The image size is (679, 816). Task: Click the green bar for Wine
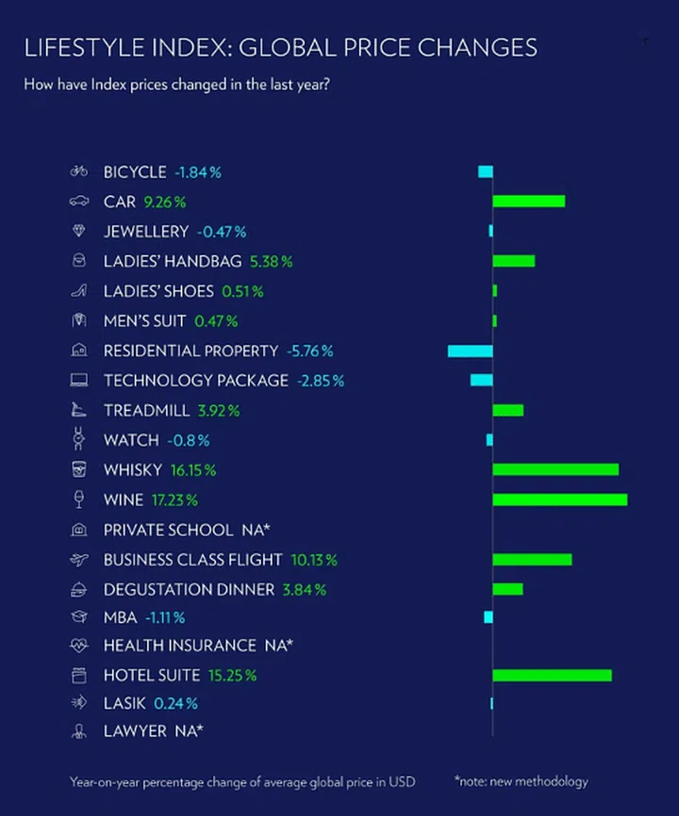[559, 499]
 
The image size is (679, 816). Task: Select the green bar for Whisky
[555, 469]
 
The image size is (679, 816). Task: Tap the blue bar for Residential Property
[470, 351]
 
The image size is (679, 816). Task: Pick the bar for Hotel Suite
[552, 675]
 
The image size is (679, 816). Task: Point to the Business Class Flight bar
[532, 560]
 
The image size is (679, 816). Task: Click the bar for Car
[528, 201]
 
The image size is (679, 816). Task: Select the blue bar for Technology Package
[481, 380]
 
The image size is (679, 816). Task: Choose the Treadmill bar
[507, 410]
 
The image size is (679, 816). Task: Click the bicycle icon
[79, 171]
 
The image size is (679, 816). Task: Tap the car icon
[79, 202]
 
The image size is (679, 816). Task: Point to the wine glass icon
[79, 499]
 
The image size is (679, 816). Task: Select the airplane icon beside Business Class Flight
[79, 560]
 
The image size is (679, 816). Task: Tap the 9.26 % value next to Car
[165, 202]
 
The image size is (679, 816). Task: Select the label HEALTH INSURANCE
[179, 645]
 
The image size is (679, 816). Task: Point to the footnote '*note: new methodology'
[521, 781]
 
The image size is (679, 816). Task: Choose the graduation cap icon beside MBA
[79, 617]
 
